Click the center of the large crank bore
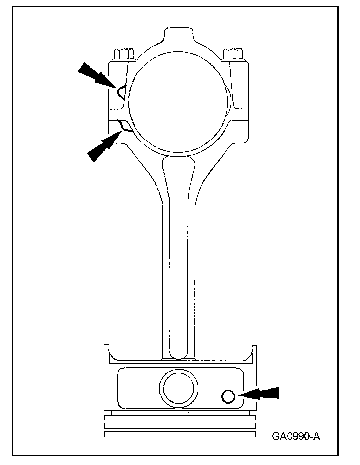[179, 100]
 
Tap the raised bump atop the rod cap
[179, 36]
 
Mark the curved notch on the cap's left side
[120, 91]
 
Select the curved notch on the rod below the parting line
[124, 128]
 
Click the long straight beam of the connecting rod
[179, 245]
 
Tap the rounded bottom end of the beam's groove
[179, 352]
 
